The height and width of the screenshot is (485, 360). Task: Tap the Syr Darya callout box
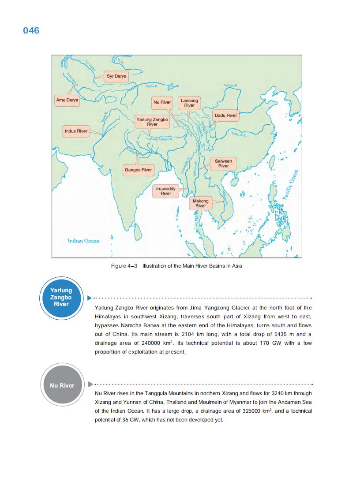(116, 76)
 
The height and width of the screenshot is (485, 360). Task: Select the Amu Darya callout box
(67, 100)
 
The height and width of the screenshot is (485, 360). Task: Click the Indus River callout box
(76, 131)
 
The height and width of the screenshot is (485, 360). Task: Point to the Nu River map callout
(162, 102)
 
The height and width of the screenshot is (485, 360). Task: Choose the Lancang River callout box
(189, 103)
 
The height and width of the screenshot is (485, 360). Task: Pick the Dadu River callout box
(226, 116)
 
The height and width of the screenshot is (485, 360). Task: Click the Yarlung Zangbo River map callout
(152, 122)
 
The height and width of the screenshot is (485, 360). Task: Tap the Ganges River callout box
(138, 170)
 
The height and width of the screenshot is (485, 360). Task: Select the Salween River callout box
(223, 164)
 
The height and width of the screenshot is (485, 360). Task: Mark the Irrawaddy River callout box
(166, 191)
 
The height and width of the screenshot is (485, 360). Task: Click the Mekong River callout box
(201, 203)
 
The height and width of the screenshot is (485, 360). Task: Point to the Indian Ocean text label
(83, 241)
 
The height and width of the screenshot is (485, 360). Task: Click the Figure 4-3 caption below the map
(176, 266)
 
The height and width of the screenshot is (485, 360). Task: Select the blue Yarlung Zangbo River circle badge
(61, 297)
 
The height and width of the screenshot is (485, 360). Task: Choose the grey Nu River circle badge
(62, 385)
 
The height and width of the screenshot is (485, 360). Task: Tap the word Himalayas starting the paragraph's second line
(109, 317)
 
